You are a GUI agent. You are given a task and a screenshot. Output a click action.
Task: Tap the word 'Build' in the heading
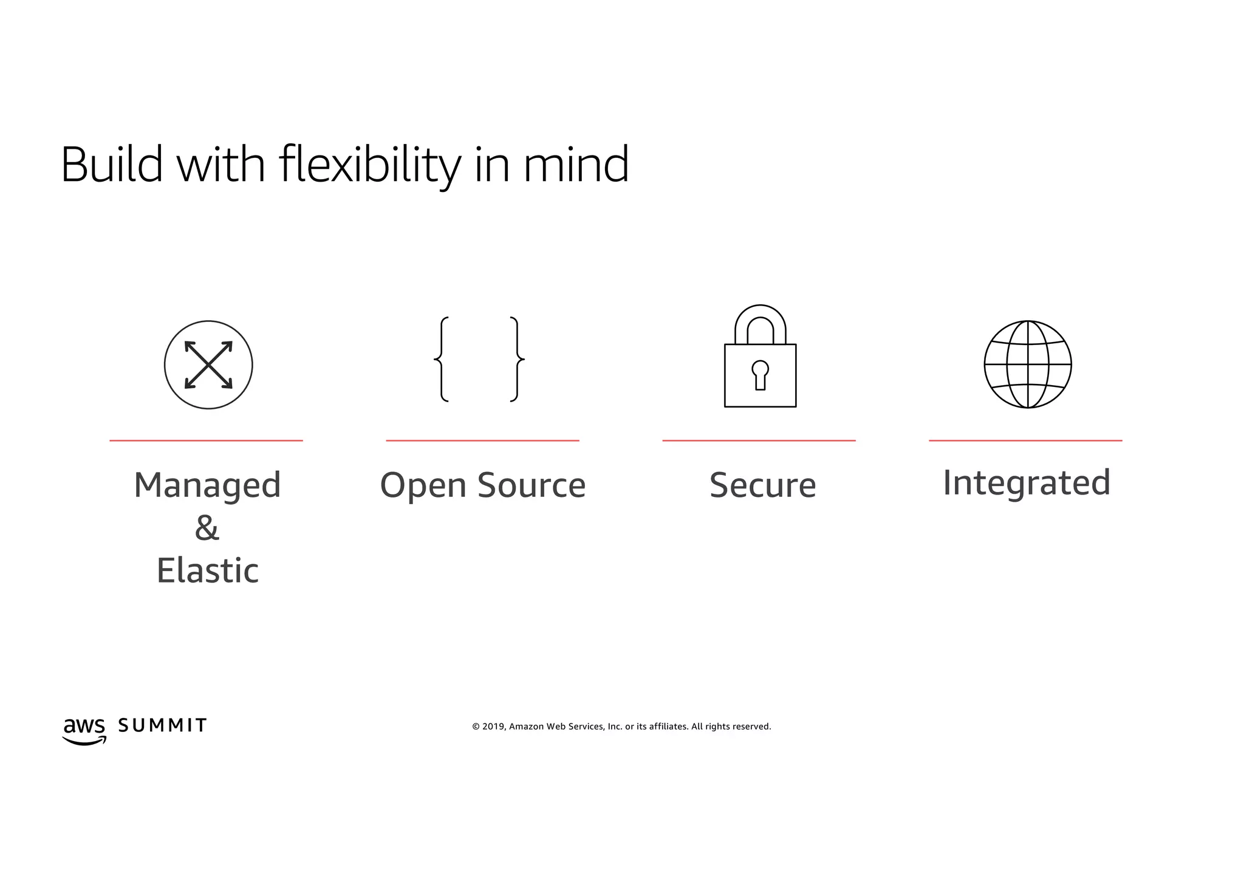point(112,165)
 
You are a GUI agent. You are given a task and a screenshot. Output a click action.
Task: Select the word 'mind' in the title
point(576,165)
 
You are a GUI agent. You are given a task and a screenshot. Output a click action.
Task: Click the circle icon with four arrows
point(208,364)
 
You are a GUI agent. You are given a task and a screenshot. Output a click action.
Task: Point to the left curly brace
point(442,359)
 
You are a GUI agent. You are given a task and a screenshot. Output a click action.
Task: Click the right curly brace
point(517,359)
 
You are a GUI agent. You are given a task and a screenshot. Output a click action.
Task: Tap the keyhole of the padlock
point(760,374)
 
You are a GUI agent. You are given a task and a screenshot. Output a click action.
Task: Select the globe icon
point(1028,364)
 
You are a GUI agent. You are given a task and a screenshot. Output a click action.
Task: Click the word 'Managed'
point(207,485)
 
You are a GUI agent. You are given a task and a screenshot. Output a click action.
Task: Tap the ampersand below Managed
point(207,528)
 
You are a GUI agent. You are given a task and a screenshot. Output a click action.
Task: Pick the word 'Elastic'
point(207,571)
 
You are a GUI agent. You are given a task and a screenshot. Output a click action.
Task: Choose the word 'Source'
point(531,485)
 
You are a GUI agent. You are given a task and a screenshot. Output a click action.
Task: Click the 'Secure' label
point(762,485)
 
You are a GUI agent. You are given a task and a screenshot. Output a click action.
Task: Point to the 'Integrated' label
point(1027,483)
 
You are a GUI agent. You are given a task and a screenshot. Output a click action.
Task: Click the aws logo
point(84,730)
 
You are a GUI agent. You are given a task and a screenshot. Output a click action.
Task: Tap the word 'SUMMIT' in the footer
point(162,725)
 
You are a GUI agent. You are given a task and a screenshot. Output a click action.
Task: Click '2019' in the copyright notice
point(493,727)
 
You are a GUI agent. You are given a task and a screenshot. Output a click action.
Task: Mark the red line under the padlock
point(759,440)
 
